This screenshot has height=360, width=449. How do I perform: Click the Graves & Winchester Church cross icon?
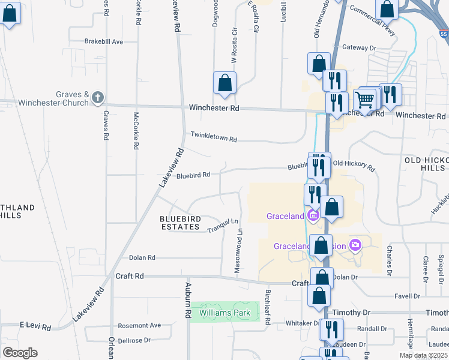coord(99,97)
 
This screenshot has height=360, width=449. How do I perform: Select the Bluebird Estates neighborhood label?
coord(179,223)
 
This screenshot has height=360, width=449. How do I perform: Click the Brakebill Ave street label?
coord(104,41)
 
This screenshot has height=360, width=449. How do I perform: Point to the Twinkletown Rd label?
coord(214,137)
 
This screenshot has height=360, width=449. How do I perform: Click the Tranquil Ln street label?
coord(223,226)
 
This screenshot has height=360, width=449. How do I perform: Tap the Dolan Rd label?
coord(142,257)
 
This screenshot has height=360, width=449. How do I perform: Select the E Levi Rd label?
coord(35,325)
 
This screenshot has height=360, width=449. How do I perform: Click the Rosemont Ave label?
coord(140,325)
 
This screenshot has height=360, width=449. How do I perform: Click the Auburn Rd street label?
coord(188,300)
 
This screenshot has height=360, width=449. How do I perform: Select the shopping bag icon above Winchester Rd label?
coord(224,83)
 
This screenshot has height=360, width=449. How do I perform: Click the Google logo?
coord(20,352)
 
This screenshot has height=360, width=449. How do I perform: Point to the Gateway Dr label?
coord(358,47)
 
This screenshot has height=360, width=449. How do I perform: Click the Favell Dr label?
coord(407,296)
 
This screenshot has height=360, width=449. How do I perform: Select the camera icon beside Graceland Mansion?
coord(356,245)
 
